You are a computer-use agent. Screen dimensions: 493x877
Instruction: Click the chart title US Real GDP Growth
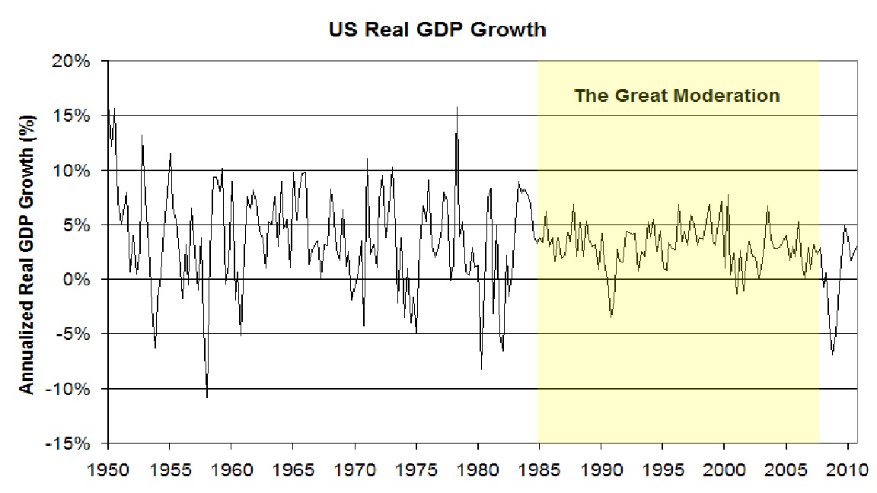437,30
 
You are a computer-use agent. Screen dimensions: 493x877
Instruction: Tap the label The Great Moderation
677,96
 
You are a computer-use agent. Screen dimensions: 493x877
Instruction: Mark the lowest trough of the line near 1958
207,396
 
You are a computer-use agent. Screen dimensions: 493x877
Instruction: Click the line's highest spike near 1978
457,107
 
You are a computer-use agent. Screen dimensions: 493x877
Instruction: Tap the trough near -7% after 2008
832,354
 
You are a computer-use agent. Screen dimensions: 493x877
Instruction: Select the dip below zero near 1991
611,316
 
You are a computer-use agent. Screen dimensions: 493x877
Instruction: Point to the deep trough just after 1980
481,369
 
